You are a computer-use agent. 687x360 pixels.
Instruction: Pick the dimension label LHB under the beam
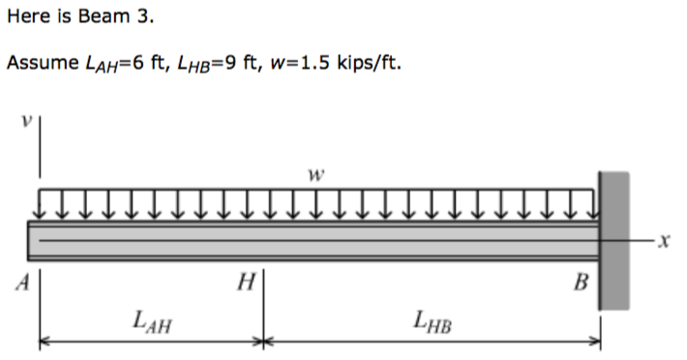click(x=431, y=319)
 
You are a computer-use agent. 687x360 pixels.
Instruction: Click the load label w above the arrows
click(x=313, y=176)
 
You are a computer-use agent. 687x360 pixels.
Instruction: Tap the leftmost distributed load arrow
click(x=41, y=204)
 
